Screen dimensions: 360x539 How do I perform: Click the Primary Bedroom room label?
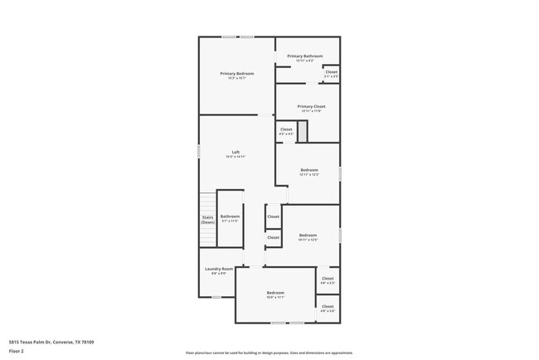point(237,74)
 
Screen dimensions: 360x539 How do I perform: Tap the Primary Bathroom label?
point(305,56)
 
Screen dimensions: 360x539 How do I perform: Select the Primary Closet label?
point(312,107)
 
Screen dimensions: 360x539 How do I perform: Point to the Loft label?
point(236,152)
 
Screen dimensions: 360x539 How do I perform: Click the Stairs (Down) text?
point(208,220)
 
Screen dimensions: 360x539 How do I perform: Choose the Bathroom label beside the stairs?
point(230,216)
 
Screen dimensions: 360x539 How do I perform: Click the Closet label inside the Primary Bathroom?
point(331,72)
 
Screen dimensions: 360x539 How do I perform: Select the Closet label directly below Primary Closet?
point(286,129)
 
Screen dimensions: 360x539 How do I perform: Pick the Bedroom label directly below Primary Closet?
point(309,170)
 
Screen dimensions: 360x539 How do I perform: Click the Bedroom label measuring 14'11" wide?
point(308,235)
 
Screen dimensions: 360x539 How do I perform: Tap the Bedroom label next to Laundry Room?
point(275,293)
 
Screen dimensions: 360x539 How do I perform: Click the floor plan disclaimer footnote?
point(269,353)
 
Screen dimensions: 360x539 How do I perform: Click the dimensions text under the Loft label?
point(236,157)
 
